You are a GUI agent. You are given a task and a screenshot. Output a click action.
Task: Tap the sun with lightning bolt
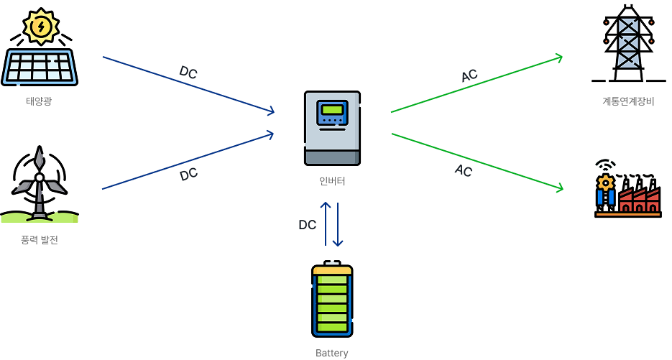(42, 27)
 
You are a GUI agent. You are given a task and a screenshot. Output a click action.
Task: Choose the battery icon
(332, 300)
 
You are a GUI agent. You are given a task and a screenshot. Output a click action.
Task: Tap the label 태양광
(39, 101)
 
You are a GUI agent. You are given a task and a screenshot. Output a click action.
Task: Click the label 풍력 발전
(40, 240)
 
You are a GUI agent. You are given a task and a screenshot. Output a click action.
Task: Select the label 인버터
(332, 181)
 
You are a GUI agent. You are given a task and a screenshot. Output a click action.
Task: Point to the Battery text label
(332, 353)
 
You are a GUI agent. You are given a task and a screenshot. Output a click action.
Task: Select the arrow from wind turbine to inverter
(189, 160)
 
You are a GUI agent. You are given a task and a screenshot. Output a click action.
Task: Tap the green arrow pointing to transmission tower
(476, 85)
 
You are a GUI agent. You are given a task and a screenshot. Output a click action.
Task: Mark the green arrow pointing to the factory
(476, 162)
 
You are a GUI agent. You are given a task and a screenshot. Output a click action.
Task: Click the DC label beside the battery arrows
(307, 225)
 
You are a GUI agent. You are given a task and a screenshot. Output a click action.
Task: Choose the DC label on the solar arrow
(188, 73)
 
